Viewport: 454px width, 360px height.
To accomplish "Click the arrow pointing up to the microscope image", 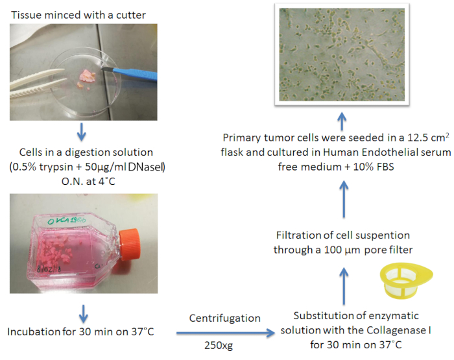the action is coord(342,119).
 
